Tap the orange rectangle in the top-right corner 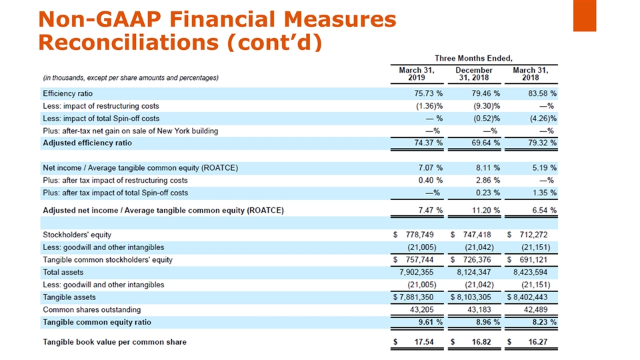(x=584, y=15)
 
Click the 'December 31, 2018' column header (x=473, y=73)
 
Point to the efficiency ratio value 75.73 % (x=430, y=93)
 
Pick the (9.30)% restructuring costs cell (x=487, y=106)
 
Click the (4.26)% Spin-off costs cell (x=543, y=118)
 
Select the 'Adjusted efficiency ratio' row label (x=87, y=143)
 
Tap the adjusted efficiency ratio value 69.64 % (x=487, y=143)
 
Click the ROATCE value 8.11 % (x=487, y=167)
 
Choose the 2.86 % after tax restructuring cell (x=487, y=180)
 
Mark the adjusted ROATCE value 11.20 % (x=486, y=211)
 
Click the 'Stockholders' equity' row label (x=77, y=235)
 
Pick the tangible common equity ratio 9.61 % (x=430, y=322)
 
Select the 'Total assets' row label (x=63, y=272)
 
